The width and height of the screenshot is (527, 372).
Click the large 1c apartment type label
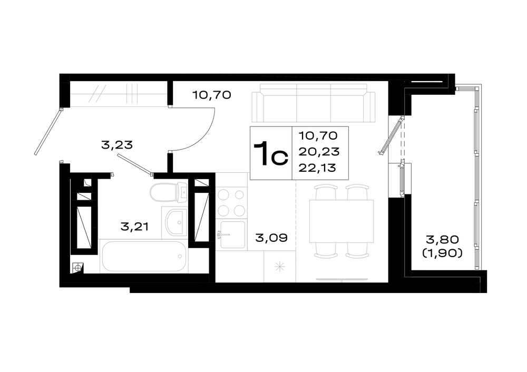pyautogui.click(x=271, y=153)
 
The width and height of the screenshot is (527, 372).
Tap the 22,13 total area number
pyautogui.click(x=317, y=168)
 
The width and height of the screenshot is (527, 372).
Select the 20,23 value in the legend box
pyautogui.click(x=319, y=152)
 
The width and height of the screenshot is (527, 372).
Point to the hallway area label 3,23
pyautogui.click(x=117, y=145)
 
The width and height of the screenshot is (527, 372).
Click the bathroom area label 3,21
pyautogui.click(x=134, y=227)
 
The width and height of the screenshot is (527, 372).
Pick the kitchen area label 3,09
pyautogui.click(x=271, y=238)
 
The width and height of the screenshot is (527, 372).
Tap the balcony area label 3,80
pyautogui.click(x=442, y=240)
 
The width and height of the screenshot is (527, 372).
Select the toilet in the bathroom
pyautogui.click(x=169, y=192)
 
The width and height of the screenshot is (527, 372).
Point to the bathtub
pyautogui.click(x=143, y=256)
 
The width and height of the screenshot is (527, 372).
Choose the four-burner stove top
pyautogui.click(x=231, y=202)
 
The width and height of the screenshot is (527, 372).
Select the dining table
pyautogui.click(x=341, y=221)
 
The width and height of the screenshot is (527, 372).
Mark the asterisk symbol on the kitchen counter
pyautogui.click(x=280, y=267)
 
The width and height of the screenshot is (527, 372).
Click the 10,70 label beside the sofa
pyautogui.click(x=212, y=95)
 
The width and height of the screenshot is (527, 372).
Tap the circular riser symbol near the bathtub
pyautogui.click(x=78, y=268)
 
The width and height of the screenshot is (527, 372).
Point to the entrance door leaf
pyautogui.click(x=48, y=132)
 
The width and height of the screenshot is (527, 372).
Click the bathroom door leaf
pyautogui.click(x=135, y=164)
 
